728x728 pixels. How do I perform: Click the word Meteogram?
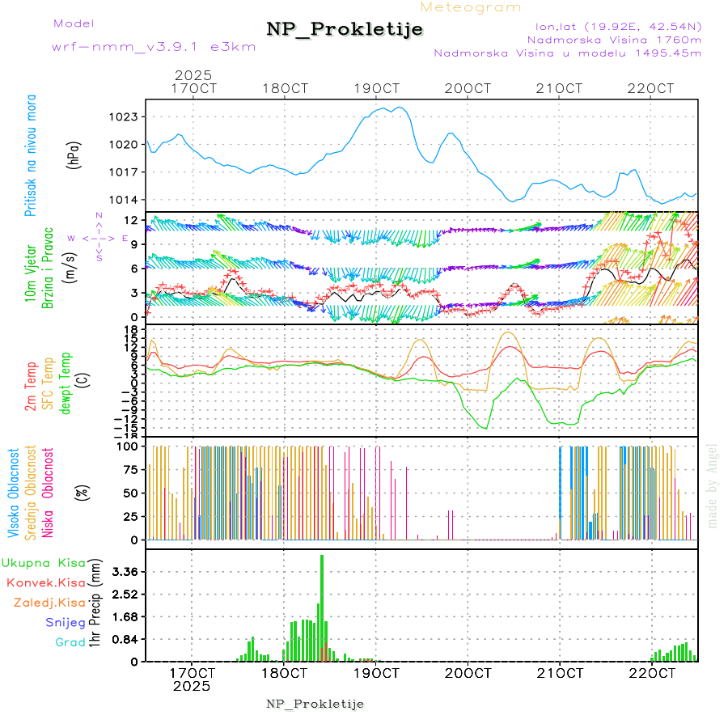(472, 7)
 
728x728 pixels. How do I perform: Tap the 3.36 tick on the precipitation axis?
(125, 572)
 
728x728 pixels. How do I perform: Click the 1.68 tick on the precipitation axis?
(125, 616)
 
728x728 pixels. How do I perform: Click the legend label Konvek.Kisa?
(45, 582)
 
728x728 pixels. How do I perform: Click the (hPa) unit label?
(74, 154)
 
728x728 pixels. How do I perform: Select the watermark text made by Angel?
(713, 485)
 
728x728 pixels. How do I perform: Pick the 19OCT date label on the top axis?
(376, 88)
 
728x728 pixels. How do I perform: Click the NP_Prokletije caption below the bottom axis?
(315, 704)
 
